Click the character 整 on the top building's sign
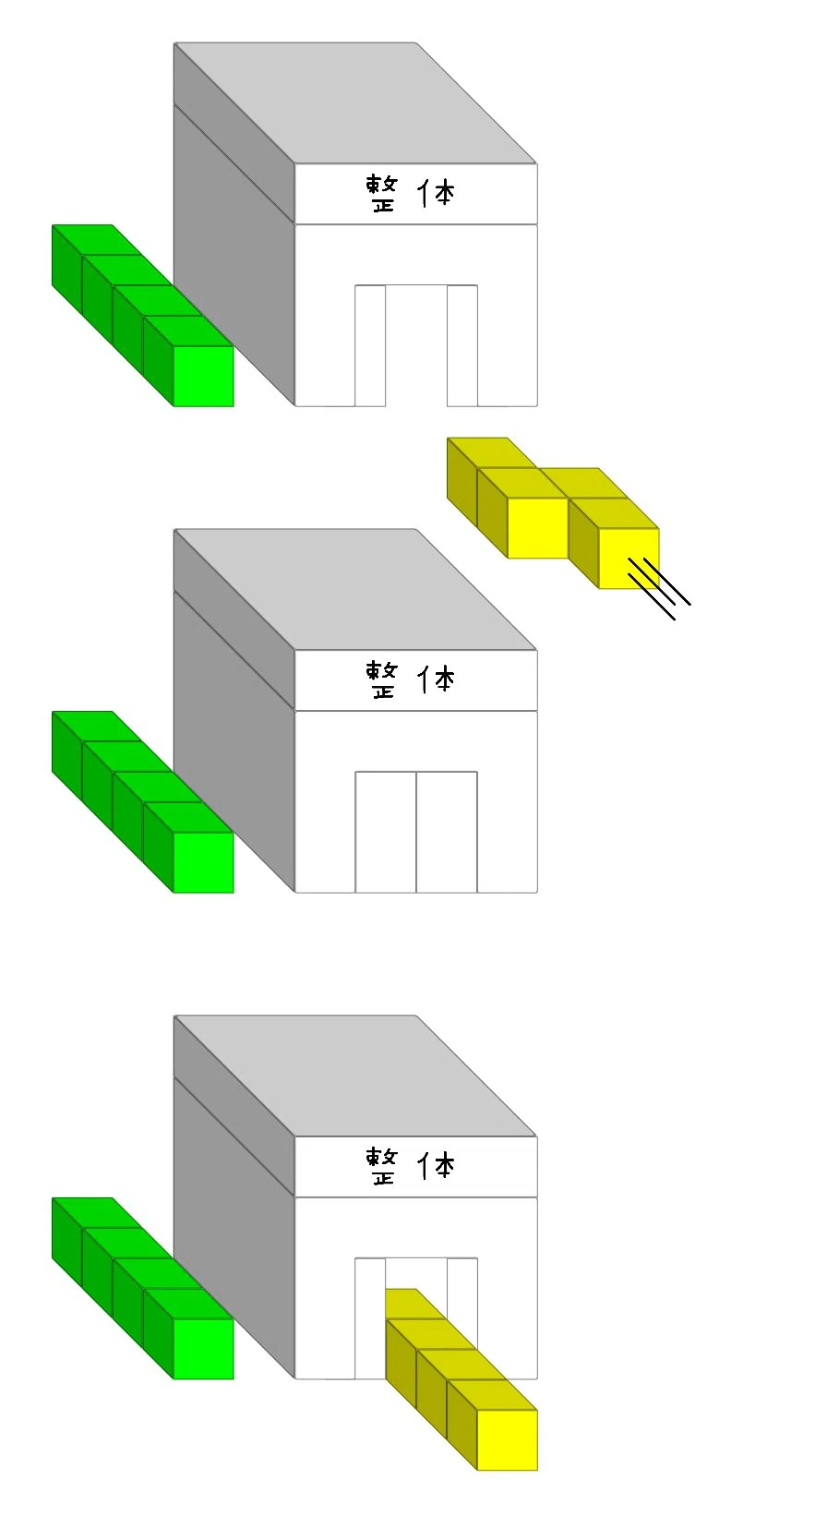click(x=382, y=194)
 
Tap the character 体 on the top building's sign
click(x=437, y=194)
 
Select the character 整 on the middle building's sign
click(x=382, y=679)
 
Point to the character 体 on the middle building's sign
click(x=437, y=679)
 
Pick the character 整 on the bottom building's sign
click(x=382, y=1166)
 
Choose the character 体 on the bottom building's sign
click(x=437, y=1166)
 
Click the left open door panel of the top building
click(x=370, y=345)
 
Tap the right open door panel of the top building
click(x=462, y=345)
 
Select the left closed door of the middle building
click(x=386, y=832)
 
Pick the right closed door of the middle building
click(x=447, y=832)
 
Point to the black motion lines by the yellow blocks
click(x=659, y=588)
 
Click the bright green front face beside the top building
click(x=204, y=377)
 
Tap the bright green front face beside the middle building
click(x=204, y=862)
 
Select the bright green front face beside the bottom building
click(x=204, y=1349)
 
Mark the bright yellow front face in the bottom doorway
click(x=508, y=1439)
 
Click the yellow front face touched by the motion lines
click(x=629, y=559)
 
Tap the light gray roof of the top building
click(x=354, y=102)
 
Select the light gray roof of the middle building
click(x=354, y=589)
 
